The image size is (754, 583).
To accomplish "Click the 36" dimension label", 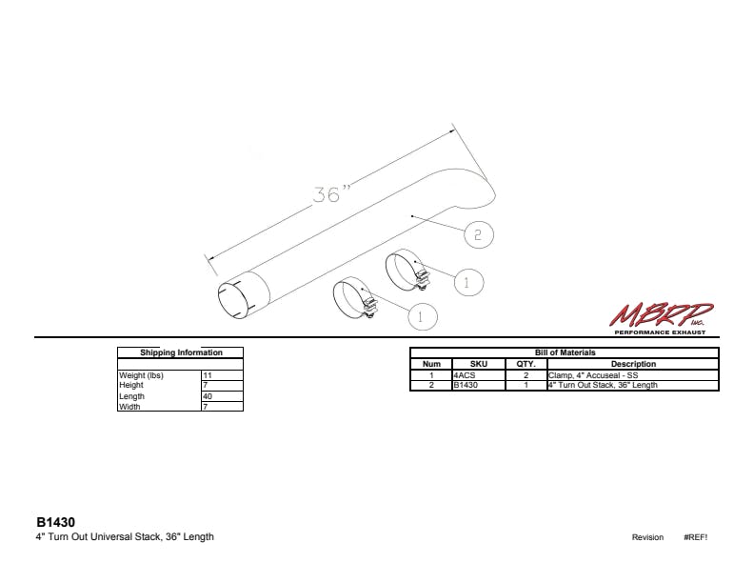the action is click(x=332, y=193).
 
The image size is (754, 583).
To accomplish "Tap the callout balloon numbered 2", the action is click(x=479, y=234).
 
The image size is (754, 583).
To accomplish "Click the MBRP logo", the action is click(x=661, y=318).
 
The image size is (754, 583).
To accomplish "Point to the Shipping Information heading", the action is click(x=181, y=352).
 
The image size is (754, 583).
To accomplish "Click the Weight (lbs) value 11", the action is click(x=208, y=375).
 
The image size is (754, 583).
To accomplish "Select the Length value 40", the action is click(x=208, y=396).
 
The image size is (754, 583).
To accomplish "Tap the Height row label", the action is click(x=131, y=385).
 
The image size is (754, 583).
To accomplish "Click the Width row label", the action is click(x=129, y=407).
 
